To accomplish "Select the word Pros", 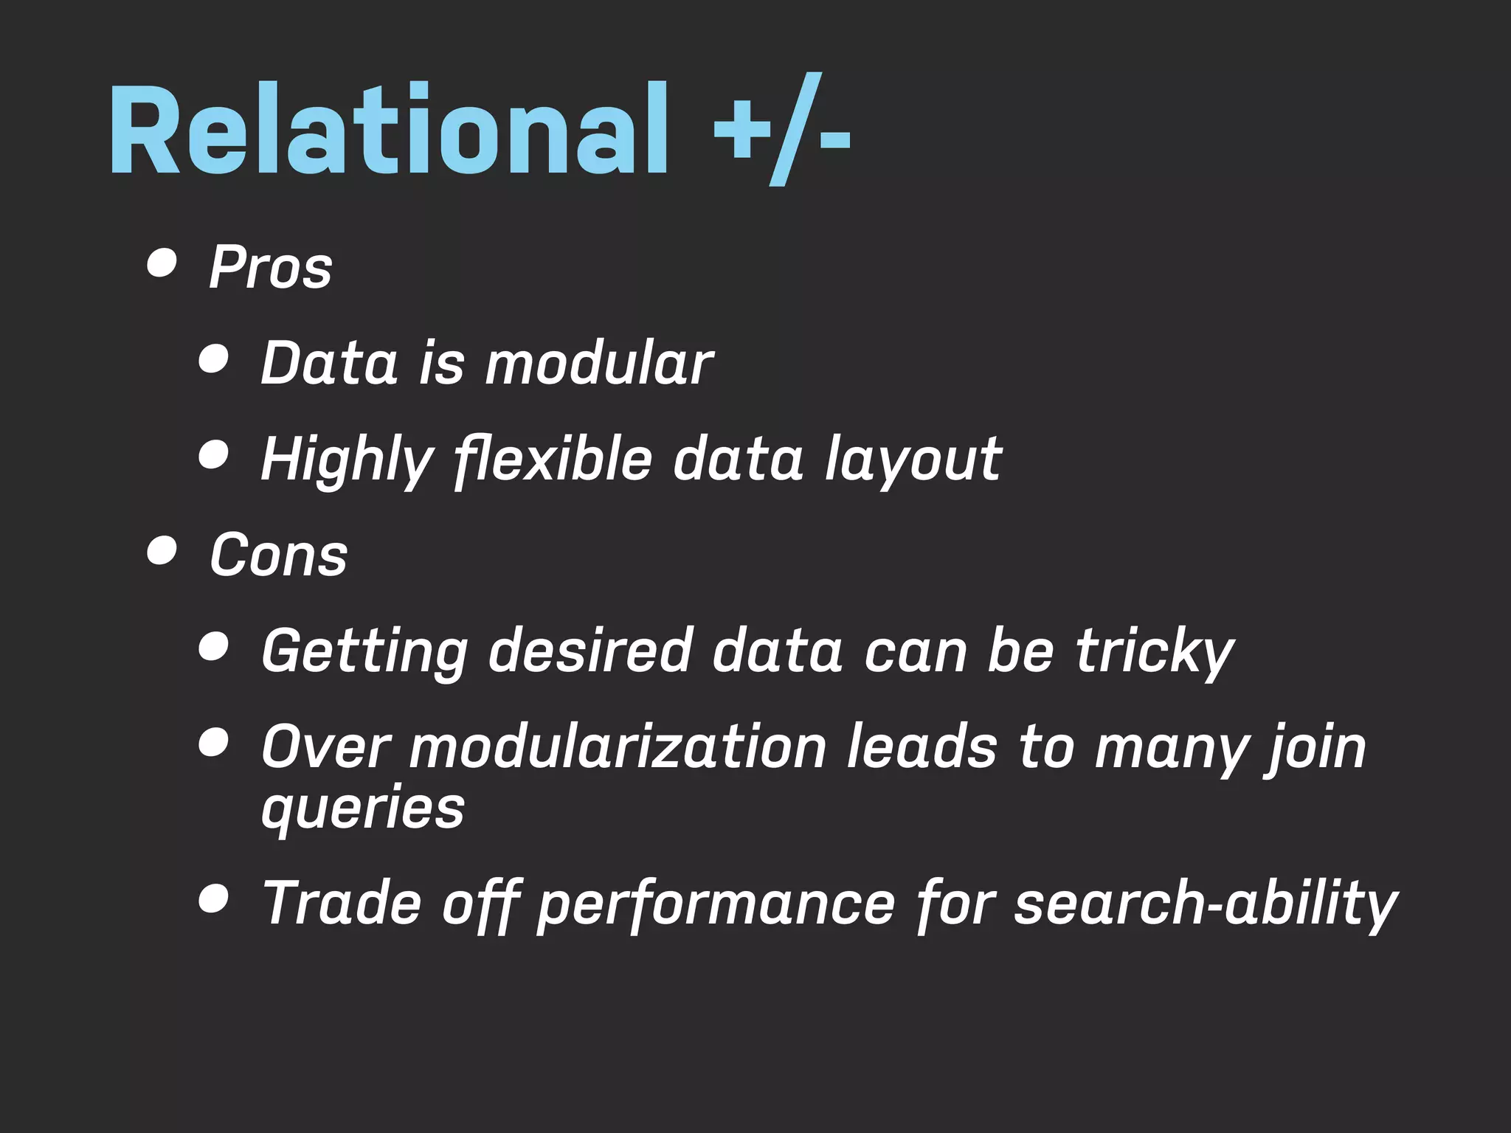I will (x=271, y=267).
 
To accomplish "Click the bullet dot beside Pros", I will (x=162, y=263).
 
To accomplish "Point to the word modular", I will (x=598, y=363).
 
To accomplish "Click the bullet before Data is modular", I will (x=213, y=359).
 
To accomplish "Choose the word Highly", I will (x=347, y=460).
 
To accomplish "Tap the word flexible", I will (x=553, y=459).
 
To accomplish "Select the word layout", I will (x=913, y=460).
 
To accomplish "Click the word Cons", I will (x=278, y=555).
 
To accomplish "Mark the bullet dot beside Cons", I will (x=162, y=550).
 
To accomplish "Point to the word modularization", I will (x=618, y=747).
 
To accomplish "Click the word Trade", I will (x=342, y=903).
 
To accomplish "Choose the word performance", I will (x=716, y=904).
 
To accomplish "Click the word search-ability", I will (x=1206, y=904).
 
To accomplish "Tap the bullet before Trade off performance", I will (x=213, y=899).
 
